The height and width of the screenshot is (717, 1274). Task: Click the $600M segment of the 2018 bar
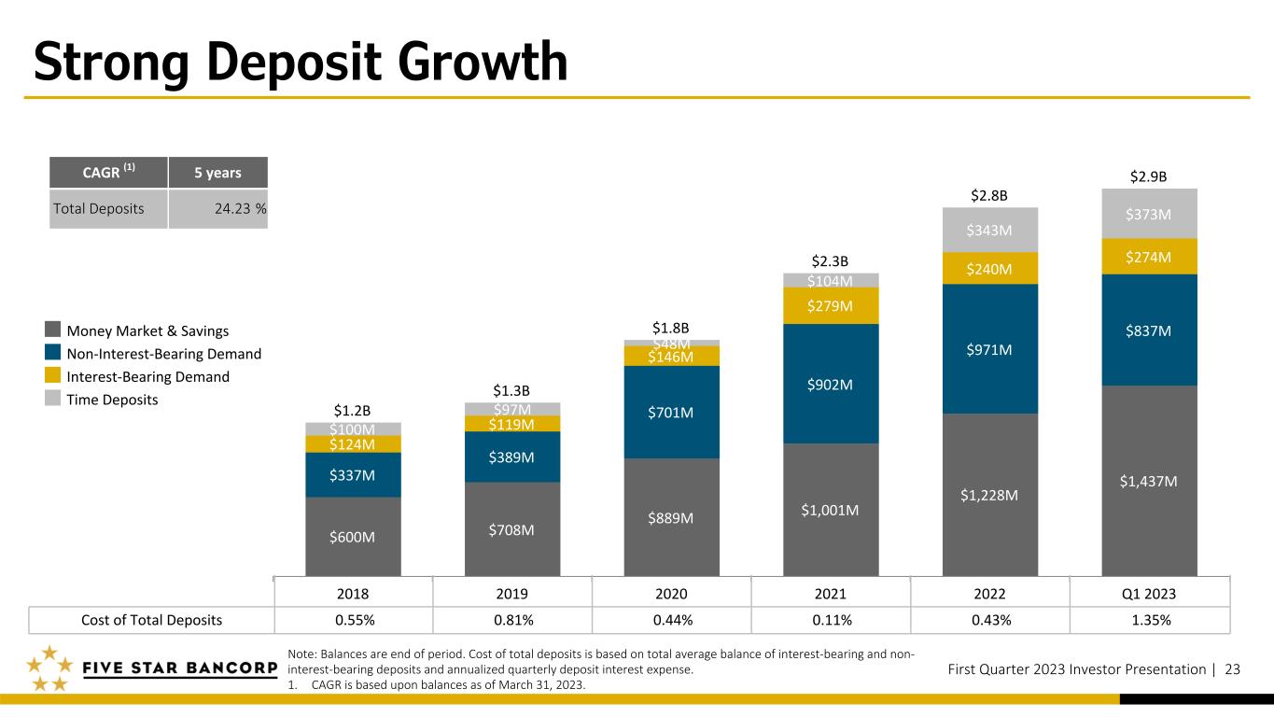353,537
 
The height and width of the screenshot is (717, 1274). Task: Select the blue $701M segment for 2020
671,412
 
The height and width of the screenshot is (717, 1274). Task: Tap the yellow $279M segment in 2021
831,305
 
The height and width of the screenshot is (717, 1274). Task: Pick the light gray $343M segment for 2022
989,230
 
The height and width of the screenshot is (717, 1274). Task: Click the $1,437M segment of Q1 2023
1149,481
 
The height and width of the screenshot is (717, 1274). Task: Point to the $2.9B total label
1148,176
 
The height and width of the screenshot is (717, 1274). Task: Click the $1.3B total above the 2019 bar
511,390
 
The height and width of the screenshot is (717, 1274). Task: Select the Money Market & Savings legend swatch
53,329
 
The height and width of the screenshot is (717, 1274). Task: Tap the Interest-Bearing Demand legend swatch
53,375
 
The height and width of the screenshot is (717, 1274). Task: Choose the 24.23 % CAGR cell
217,209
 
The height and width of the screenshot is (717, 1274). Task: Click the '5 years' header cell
217,173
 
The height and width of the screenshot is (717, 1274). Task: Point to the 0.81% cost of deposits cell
513,620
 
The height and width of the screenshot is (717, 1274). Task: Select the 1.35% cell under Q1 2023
1151,620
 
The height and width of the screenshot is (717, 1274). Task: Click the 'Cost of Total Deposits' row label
151,620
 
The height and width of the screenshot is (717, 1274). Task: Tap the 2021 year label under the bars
831,594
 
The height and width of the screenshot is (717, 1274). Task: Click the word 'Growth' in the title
483,63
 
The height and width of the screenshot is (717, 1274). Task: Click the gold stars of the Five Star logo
49,668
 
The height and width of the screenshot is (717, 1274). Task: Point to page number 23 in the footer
1232,669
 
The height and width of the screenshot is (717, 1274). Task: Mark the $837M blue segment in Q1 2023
1149,330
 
